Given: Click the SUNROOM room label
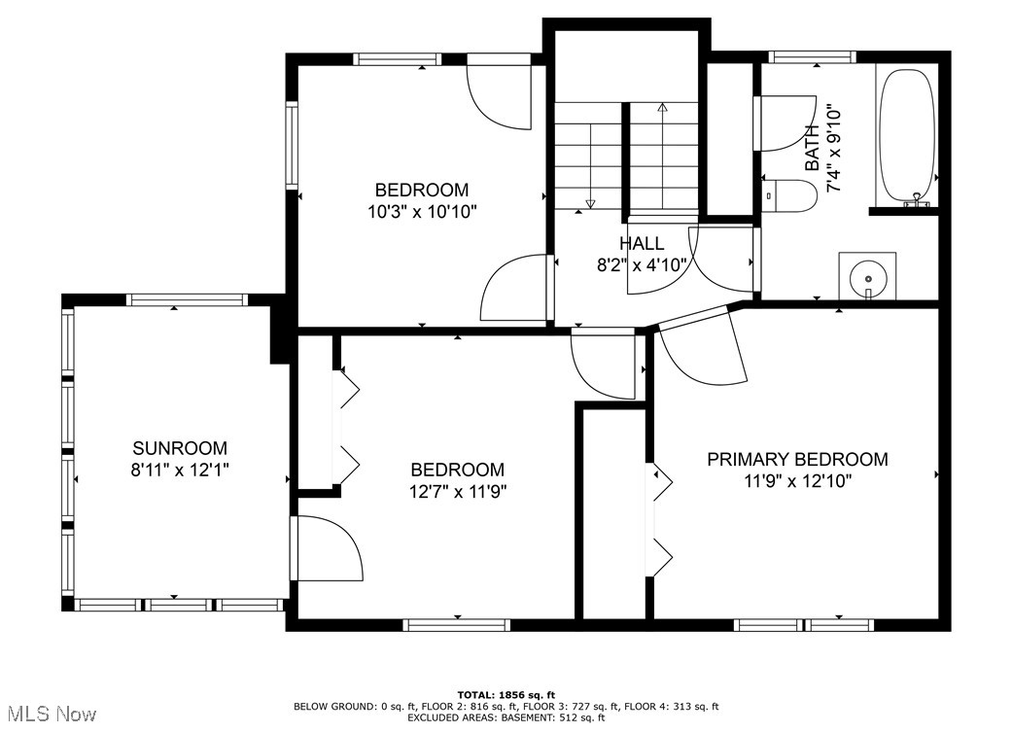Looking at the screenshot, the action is pos(180,448).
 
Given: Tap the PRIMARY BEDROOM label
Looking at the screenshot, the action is pos(797,460).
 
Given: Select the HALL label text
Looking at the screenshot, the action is pos(642,243).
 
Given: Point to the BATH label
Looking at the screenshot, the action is pos(812,149).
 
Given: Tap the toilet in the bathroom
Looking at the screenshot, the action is pos(788,195).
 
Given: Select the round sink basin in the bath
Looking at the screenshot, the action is pos(868,279).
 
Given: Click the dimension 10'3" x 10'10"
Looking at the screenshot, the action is pos(422,212).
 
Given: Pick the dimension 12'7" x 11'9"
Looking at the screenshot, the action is pos(458,492).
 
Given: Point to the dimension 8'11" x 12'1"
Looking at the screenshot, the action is pos(180,470).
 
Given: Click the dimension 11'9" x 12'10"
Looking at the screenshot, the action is pos(798,481).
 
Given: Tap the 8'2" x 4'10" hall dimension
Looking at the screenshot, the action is pos(642,265).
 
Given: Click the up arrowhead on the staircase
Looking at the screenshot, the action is pos(662,107).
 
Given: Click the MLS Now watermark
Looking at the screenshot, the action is pos(52,714).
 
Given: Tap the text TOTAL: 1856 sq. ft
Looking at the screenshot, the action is pos(506,695).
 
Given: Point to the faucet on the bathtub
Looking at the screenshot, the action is pos(917,200).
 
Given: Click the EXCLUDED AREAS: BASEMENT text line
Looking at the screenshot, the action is pos(506,716).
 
